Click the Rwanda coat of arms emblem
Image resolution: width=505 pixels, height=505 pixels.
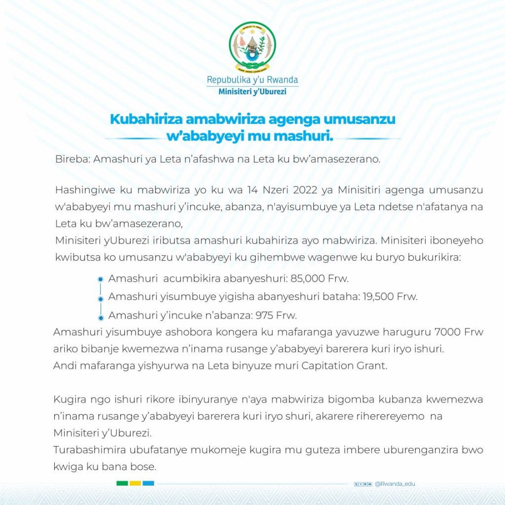[252, 46]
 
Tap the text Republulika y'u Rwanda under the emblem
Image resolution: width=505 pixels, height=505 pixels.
[252, 79]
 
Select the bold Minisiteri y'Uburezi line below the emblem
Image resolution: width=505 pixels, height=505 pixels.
[252, 92]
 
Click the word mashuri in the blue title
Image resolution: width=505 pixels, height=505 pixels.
[307, 135]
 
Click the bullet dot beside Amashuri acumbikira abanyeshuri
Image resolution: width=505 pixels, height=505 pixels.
[100, 279]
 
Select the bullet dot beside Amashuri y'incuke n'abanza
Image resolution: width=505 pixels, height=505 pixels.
[100, 316]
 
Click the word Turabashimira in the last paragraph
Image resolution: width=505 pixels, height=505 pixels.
[87, 450]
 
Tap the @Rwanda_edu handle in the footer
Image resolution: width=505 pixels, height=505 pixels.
[395, 484]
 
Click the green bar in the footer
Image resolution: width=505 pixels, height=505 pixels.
[122, 483]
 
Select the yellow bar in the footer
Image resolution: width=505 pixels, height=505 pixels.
[135, 483]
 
